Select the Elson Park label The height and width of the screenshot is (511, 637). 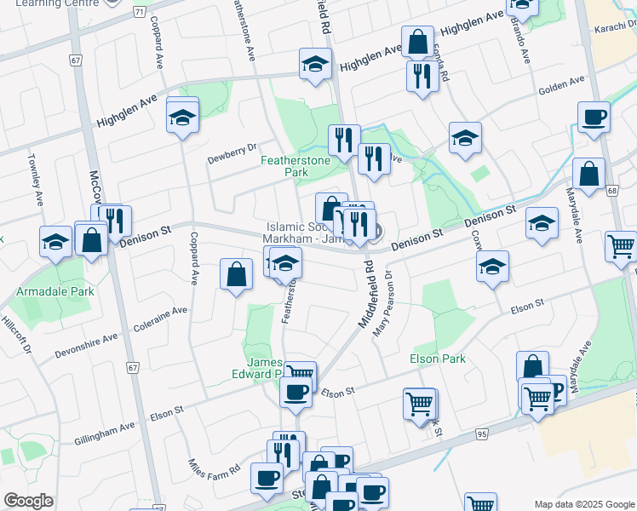(x=438, y=359)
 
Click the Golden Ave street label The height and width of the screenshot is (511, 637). (x=561, y=84)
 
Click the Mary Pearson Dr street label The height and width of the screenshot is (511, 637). (x=381, y=302)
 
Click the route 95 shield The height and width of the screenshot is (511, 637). (x=482, y=434)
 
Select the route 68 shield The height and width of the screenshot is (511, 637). (x=611, y=190)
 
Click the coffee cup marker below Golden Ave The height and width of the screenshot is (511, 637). (x=594, y=118)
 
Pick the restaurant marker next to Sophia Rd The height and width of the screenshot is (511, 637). (x=422, y=75)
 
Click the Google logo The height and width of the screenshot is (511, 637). (x=28, y=501)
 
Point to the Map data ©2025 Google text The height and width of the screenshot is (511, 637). (x=582, y=504)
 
